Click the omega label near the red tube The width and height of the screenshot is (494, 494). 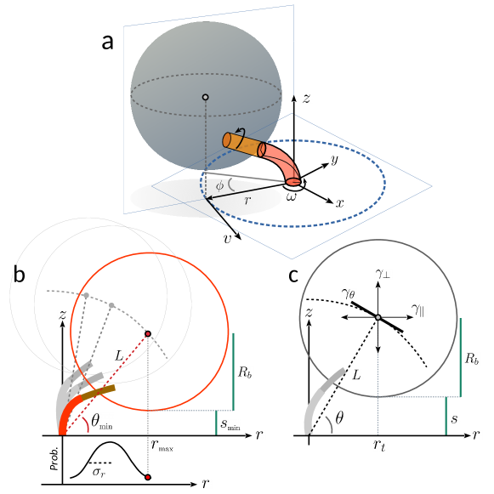tap(292, 196)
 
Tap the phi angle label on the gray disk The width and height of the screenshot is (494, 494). tap(219, 185)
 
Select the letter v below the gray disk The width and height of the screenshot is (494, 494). tap(228, 239)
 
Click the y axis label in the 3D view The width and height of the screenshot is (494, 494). tap(334, 159)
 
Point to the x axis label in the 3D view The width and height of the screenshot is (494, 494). tap(340, 204)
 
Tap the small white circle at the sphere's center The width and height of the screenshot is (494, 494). tap(205, 97)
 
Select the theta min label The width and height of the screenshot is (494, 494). tap(101, 421)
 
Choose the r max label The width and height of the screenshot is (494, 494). tap(162, 444)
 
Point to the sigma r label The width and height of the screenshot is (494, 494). tap(99, 472)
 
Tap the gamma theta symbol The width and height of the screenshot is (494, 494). tap(347, 293)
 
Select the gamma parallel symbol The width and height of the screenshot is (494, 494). tap(417, 311)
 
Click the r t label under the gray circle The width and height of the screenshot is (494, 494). tap(379, 444)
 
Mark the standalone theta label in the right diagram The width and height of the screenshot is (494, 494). tap(340, 417)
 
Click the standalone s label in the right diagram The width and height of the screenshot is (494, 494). tap(455, 419)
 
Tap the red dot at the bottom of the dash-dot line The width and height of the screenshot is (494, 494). tap(148, 477)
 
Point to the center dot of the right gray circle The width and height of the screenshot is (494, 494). tap(378, 317)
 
